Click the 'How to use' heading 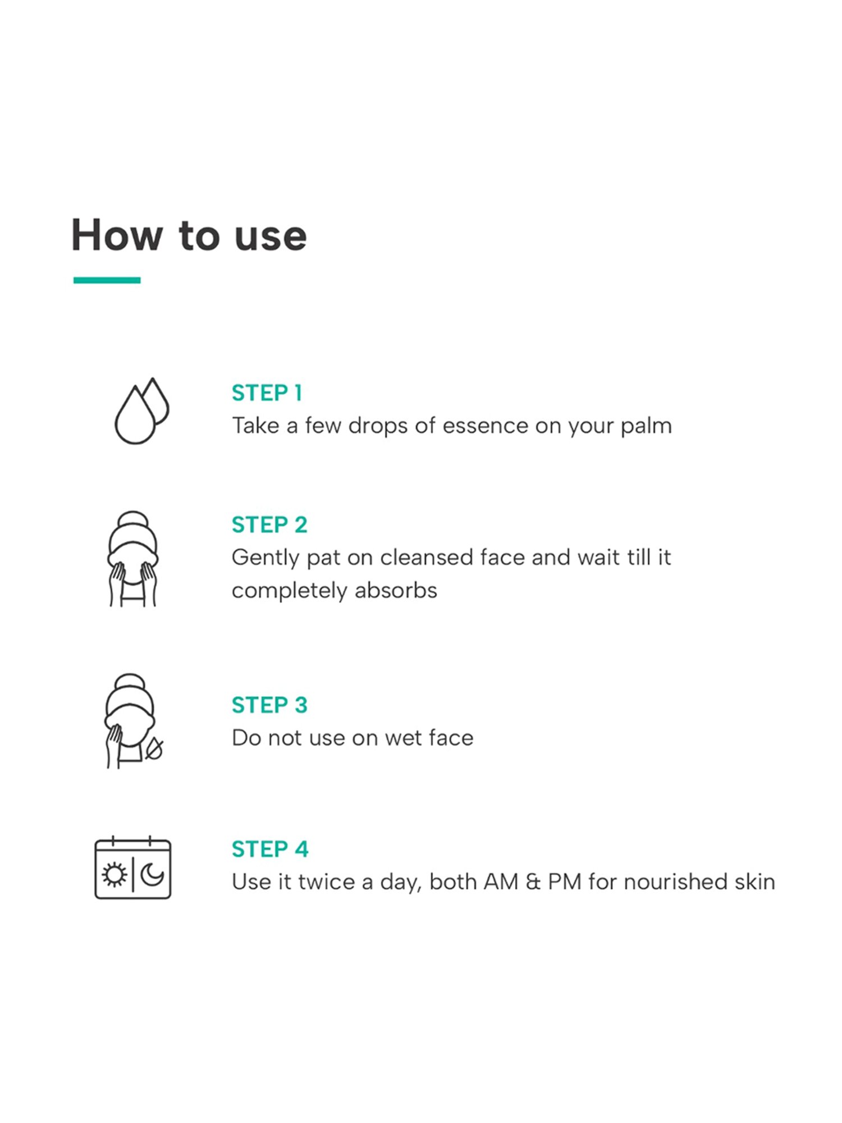click(x=189, y=235)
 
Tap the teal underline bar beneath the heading click(x=107, y=280)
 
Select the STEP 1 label click(x=267, y=393)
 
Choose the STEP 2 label click(x=269, y=525)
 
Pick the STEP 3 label click(x=269, y=705)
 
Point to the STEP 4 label click(x=270, y=850)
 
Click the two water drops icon click(x=141, y=410)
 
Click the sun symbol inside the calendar click(x=115, y=875)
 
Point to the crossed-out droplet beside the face click(x=154, y=749)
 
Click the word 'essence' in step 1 click(x=486, y=426)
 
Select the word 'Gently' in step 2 click(x=266, y=559)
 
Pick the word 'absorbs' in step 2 click(x=396, y=591)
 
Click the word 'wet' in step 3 click(x=401, y=738)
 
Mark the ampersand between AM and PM click(x=533, y=882)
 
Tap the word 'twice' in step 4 click(x=327, y=882)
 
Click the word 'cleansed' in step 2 click(x=427, y=558)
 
